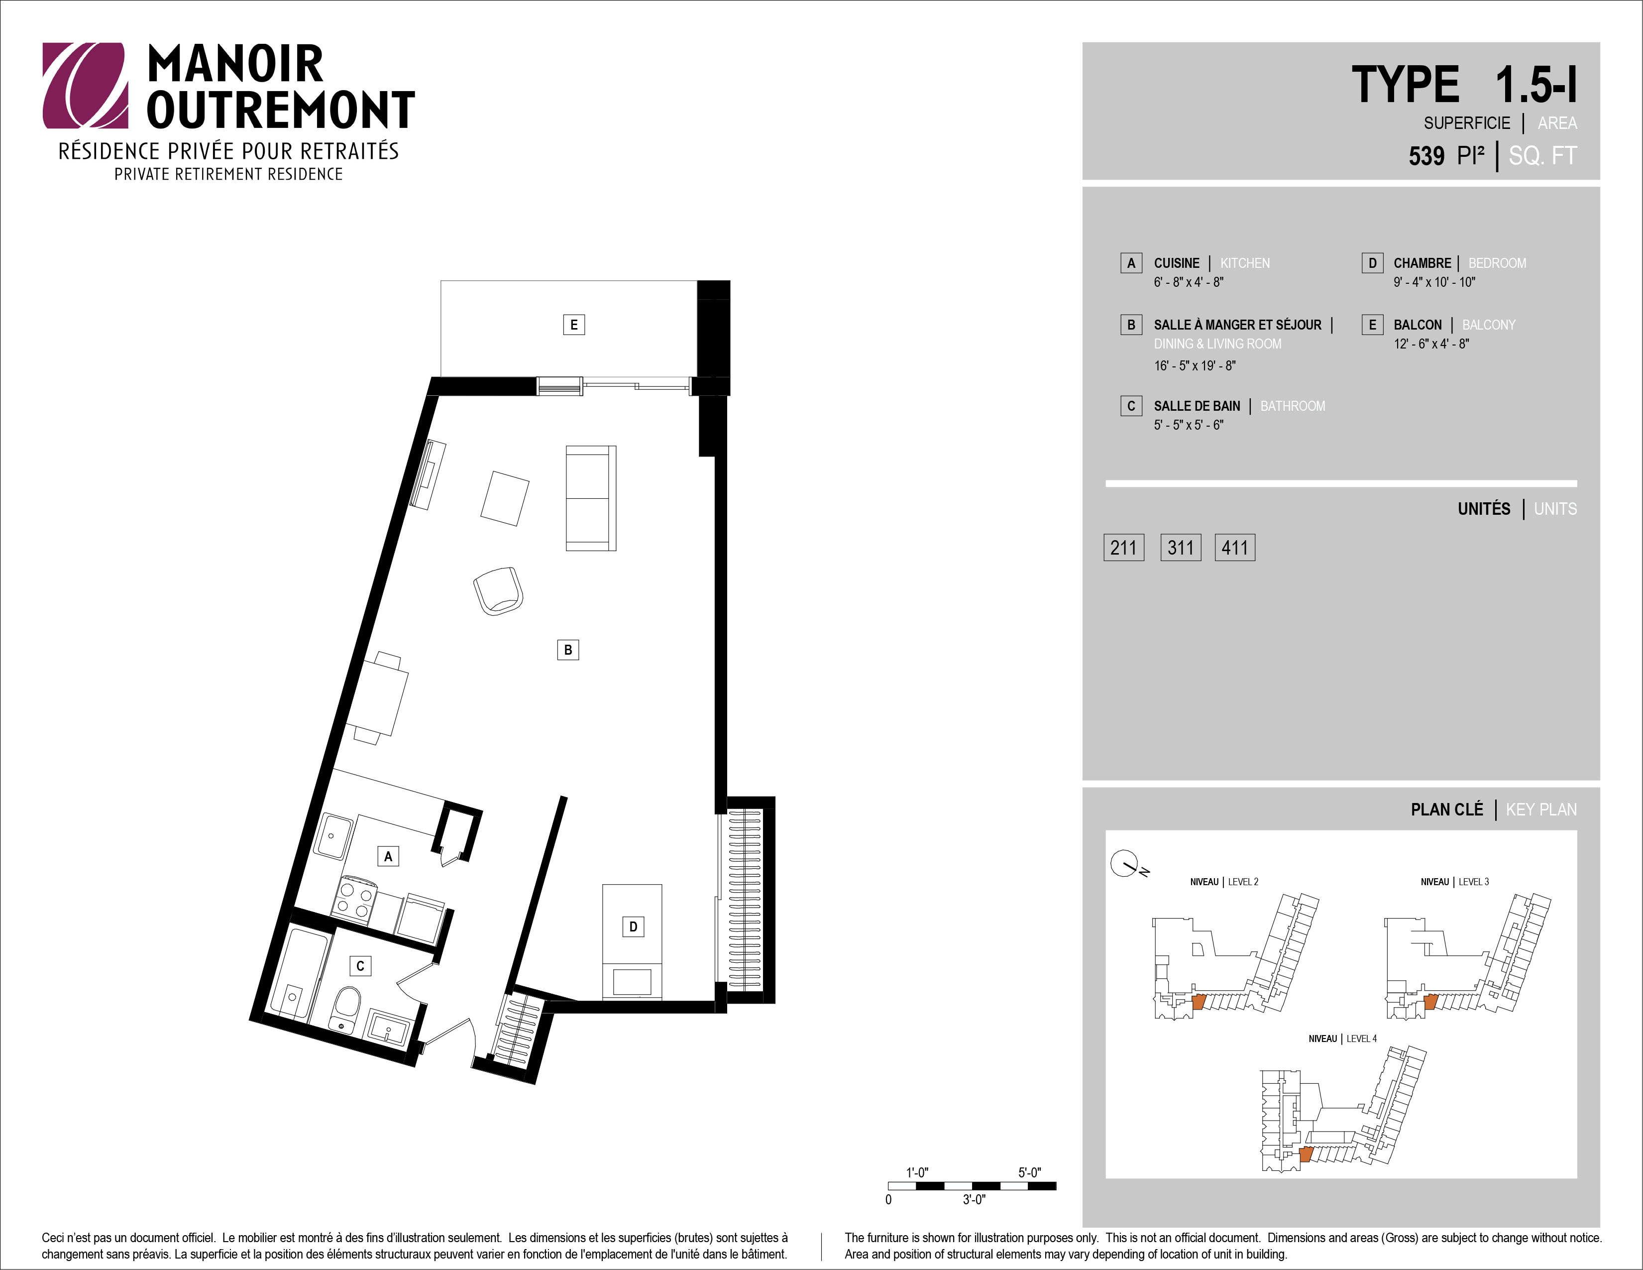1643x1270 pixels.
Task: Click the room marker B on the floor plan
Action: (x=568, y=649)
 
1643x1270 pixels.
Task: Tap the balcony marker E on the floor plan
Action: (x=574, y=324)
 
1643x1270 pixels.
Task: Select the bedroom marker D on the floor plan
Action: (x=633, y=926)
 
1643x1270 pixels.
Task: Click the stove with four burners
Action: (x=354, y=898)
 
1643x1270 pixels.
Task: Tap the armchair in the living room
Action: (x=498, y=590)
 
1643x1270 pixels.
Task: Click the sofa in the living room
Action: (x=590, y=498)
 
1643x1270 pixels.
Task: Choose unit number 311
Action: (x=1180, y=547)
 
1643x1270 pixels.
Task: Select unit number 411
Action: (x=1234, y=547)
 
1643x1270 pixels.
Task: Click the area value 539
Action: (x=1426, y=156)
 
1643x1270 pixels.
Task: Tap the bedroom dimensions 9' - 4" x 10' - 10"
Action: (x=1434, y=282)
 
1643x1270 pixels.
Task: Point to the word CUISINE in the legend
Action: (x=1177, y=262)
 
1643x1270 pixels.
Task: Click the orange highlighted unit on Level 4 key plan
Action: (x=1306, y=1154)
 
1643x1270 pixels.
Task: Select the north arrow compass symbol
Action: (x=1125, y=864)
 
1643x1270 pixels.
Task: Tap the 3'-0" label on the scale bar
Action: (x=974, y=1200)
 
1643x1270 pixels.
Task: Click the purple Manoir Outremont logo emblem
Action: (x=84, y=85)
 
